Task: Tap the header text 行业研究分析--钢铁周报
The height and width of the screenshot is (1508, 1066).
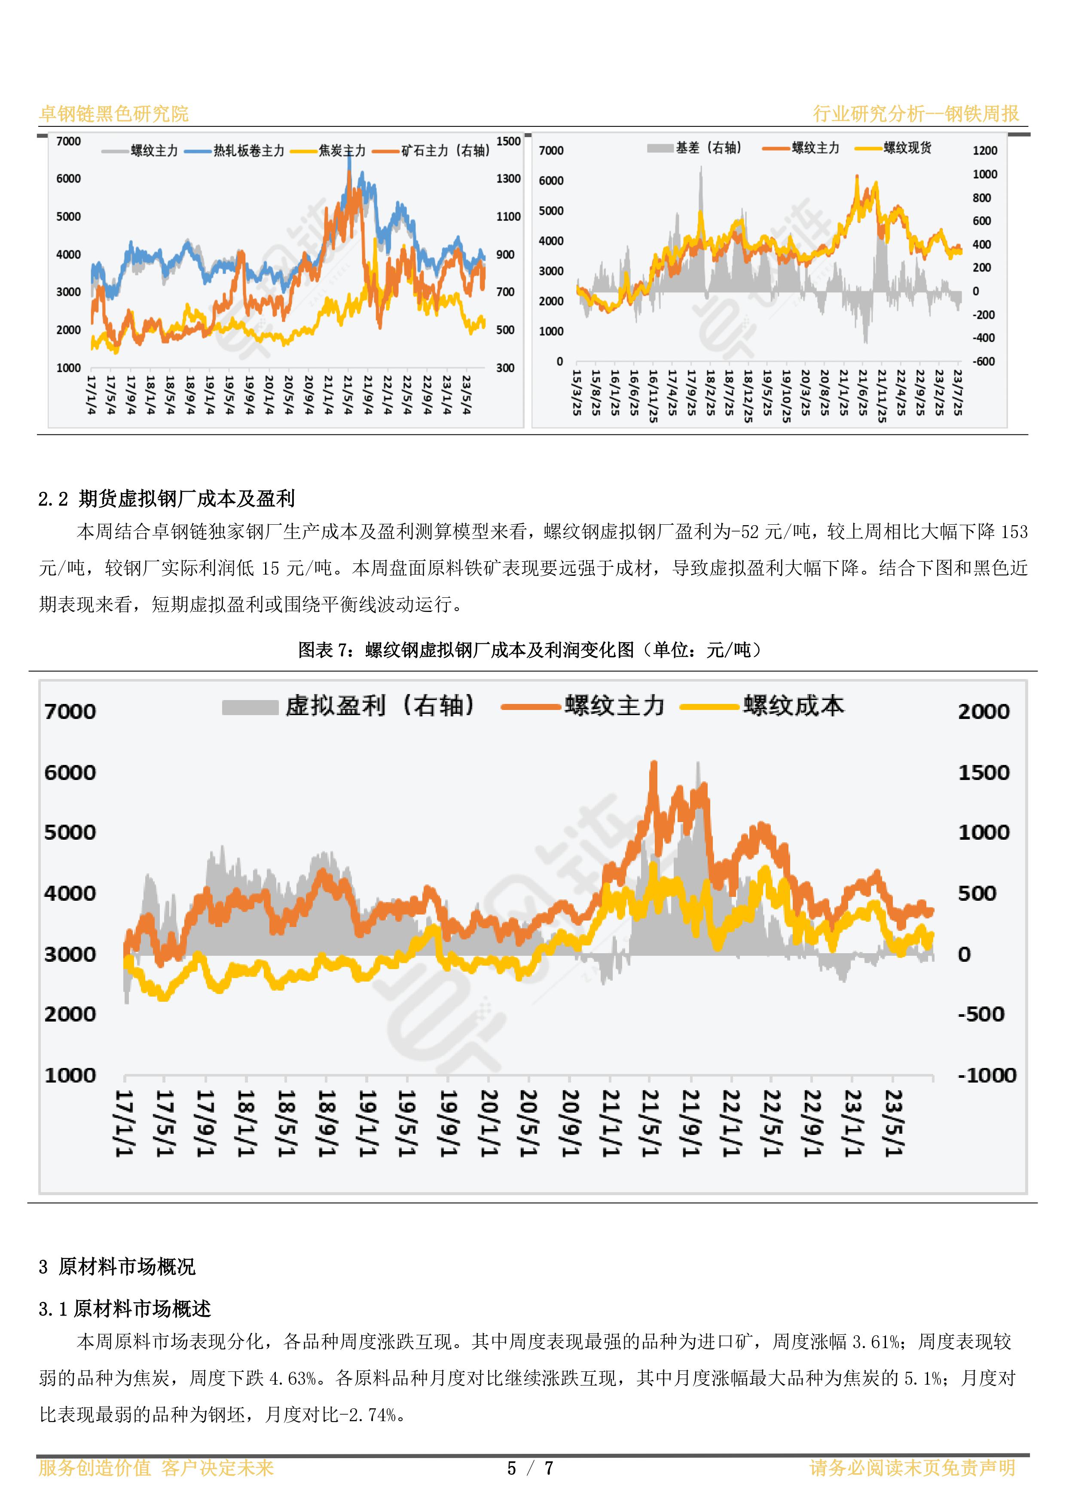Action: click(916, 113)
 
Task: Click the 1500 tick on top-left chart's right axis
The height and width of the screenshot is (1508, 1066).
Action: click(508, 141)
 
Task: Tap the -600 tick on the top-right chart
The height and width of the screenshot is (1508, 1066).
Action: click(983, 361)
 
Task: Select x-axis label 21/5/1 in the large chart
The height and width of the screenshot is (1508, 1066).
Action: click(650, 1123)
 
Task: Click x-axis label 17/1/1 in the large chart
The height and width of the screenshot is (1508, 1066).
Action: click(125, 1123)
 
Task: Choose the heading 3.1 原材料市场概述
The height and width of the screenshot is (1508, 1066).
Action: click(125, 1309)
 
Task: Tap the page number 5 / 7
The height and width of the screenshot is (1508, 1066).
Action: click(531, 1468)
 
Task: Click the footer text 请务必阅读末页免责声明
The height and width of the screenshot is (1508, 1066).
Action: click(912, 1468)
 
